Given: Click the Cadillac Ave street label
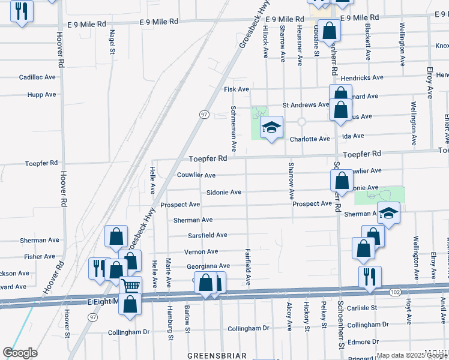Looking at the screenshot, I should coord(37,77).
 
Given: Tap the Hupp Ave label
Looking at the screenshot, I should coord(41,95).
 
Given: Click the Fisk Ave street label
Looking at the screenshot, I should coord(236,89).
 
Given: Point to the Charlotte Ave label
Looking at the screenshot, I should coord(310,139).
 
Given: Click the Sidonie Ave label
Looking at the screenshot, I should coord(223,192).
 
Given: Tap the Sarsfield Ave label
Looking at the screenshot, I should coord(208,235).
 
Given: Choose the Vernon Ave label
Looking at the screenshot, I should coord(201,251).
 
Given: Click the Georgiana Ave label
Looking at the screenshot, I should coord(208,266).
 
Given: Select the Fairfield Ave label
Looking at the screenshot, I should coord(248,266).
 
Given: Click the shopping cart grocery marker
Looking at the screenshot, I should coord(130,286).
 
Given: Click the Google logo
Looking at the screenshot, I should coord(20,353).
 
